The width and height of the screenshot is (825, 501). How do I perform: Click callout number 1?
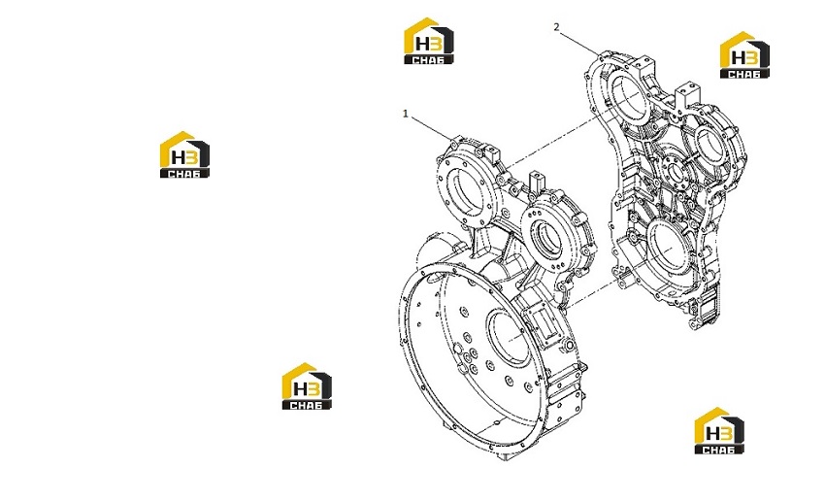click(405, 114)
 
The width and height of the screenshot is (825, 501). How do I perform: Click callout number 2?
click(557, 27)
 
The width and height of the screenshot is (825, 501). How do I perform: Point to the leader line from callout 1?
click(431, 128)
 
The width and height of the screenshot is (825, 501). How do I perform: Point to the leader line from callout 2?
click(579, 43)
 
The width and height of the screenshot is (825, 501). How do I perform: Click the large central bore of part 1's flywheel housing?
click(509, 338)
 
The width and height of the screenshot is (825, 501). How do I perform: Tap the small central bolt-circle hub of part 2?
click(672, 171)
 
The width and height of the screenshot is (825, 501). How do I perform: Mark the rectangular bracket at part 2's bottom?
click(706, 311)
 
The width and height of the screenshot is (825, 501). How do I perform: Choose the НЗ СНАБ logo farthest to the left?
click(184, 154)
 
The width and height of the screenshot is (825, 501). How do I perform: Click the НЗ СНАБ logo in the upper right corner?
click(744, 54)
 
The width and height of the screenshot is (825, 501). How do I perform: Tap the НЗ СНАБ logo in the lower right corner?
click(719, 430)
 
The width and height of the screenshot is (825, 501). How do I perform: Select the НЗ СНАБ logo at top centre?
click(429, 41)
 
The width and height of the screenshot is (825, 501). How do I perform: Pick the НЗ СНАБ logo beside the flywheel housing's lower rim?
click(307, 385)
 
